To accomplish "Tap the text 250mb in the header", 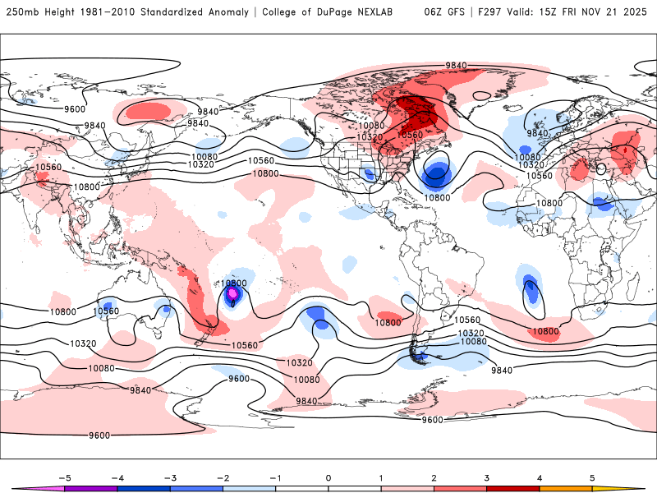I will [22, 12].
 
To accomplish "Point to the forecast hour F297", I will [484, 12].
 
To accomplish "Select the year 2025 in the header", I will [637, 12].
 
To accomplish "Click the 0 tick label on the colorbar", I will [328, 477].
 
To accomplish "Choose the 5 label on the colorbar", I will [592, 477].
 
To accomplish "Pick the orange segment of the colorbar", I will [566, 489].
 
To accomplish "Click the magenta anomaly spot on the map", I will [232, 292].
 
